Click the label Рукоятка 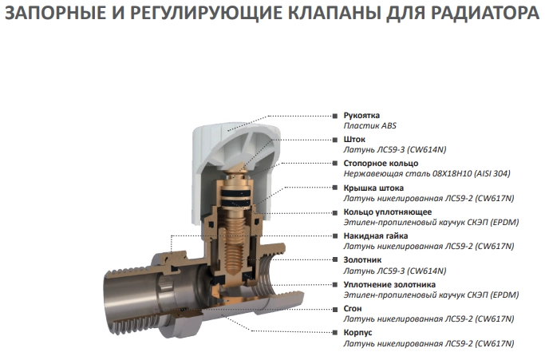coord(361,116)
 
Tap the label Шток coord(354,140)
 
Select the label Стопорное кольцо coord(381,164)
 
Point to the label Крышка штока coord(373,188)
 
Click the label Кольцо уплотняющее coord(388,212)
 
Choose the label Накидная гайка coord(375,235)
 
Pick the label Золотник coord(362,260)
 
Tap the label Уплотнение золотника coord(389,284)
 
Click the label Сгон coord(353,309)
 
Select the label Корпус coord(357,333)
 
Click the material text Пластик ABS coord(369,125)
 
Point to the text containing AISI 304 coord(427,173)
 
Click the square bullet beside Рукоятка coord(335,116)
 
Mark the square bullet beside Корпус coord(335,333)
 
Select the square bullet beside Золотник coord(335,260)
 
